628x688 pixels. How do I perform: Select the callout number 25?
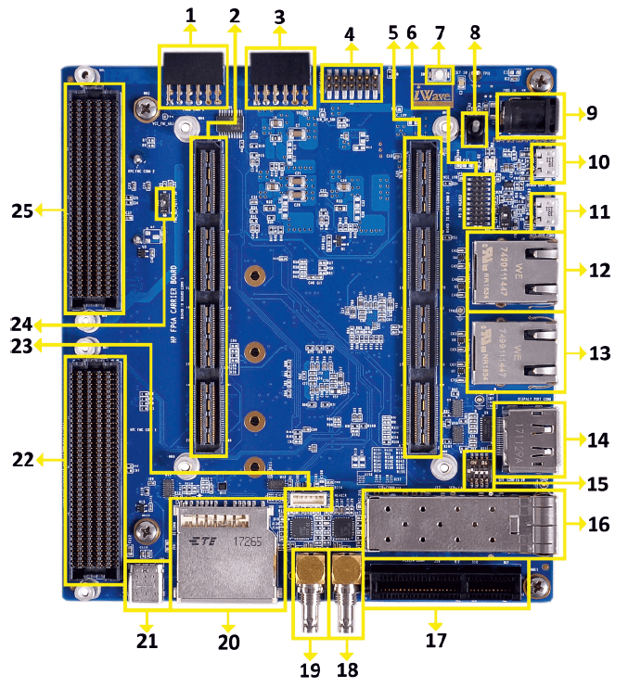(22, 210)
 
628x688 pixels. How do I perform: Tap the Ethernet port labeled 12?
(517, 271)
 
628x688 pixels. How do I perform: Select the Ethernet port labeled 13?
(517, 353)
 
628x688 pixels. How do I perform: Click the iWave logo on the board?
(433, 96)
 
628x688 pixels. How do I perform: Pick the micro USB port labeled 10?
(546, 164)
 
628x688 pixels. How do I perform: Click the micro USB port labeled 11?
(546, 212)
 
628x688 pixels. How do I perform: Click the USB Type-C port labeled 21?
(147, 582)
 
